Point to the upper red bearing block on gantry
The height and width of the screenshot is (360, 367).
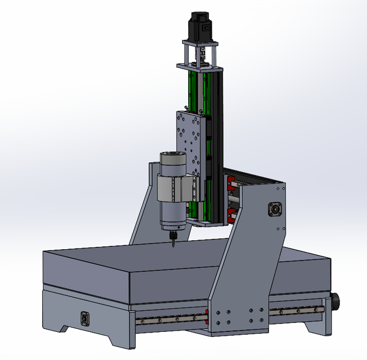pyautogui.click(x=230, y=183)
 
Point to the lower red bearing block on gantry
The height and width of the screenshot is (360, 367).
pyautogui.click(x=231, y=213)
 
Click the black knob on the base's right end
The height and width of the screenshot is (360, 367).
pyautogui.click(x=338, y=301)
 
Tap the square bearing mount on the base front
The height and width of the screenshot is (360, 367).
pyautogui.click(x=85, y=318)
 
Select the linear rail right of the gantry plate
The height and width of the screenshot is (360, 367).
pyautogui.click(x=295, y=310)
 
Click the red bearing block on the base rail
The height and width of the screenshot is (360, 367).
pyautogui.click(x=207, y=316)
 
